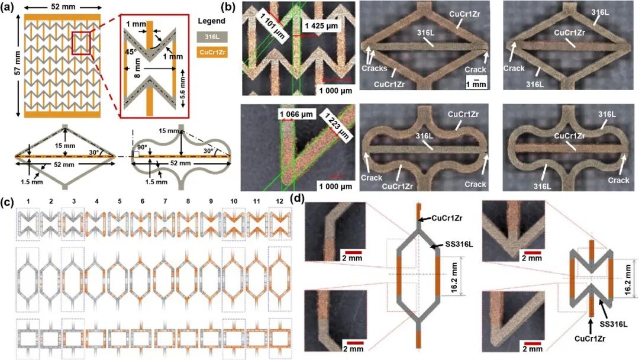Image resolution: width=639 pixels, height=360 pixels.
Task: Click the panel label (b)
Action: [x=230, y=8]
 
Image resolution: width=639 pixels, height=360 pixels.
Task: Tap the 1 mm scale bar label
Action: [x=476, y=85]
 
